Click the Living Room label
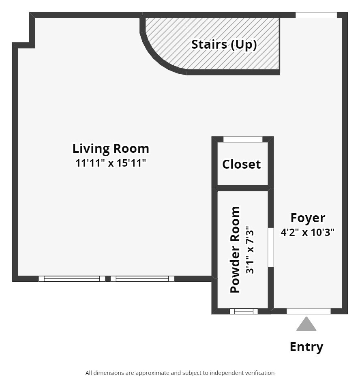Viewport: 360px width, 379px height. tap(111, 149)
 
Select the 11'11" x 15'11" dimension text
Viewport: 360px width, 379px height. tap(111, 163)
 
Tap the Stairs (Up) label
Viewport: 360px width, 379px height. tap(224, 44)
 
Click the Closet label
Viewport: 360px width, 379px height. tap(242, 164)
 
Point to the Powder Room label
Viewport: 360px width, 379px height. tap(235, 249)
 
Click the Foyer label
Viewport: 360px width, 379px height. tap(308, 218)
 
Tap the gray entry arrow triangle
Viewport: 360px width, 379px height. tap(306, 325)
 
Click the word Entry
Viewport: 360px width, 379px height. tap(306, 347)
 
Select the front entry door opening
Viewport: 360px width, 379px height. tap(309, 311)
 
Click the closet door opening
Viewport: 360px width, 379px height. tap(243, 139)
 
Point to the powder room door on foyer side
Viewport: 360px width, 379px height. tap(271, 247)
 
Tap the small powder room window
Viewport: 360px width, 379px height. tap(244, 311)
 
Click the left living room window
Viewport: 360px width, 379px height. tap(72, 278)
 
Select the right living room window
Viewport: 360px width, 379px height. tap(142, 278)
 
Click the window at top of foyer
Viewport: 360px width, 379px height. tap(316, 15)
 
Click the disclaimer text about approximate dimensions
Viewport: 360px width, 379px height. tap(180, 373)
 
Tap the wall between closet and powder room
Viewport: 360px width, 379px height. tap(243, 188)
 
